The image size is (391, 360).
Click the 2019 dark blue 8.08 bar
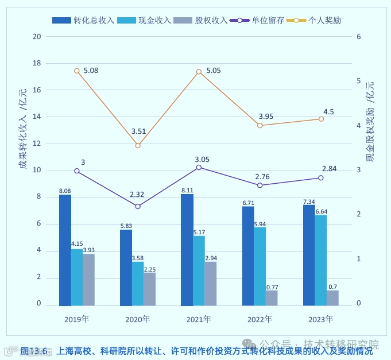tap(65, 250)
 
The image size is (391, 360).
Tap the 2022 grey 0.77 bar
tap(272, 298)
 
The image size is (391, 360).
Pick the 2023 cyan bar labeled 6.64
tap(320, 260)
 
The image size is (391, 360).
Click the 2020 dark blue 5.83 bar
tap(126, 268)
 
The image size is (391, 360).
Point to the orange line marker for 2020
tap(138, 145)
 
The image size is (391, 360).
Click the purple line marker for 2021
tap(199, 167)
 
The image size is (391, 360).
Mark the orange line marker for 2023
tap(321, 119)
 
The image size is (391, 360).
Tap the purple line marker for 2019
tap(77, 171)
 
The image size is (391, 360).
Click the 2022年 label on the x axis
tap(260, 319)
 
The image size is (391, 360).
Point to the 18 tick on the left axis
tap(37, 63)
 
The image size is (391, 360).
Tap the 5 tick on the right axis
tap(358, 81)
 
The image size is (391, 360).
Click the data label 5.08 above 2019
tap(91, 71)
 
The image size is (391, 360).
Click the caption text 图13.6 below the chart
tap(36, 350)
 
